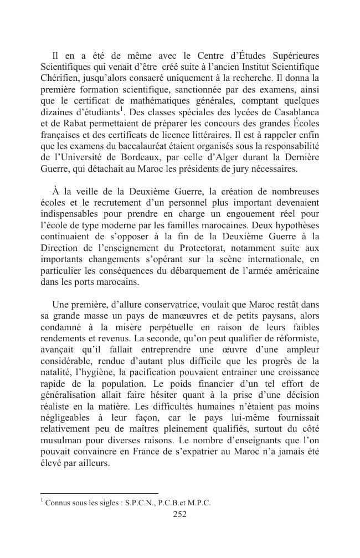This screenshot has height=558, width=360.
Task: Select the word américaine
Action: click(x=292, y=270)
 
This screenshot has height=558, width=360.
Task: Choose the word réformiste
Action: click(x=296, y=338)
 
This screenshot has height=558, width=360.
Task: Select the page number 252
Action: click(x=179, y=514)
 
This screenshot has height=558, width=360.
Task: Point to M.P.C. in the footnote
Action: click(x=198, y=503)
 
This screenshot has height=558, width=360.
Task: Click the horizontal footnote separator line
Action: click(x=100, y=493)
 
